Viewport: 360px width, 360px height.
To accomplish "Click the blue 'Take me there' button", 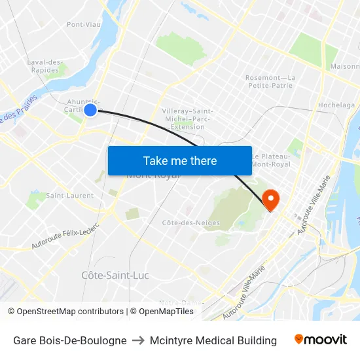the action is (180, 160).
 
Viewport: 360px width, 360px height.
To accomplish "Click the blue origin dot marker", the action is (90, 110).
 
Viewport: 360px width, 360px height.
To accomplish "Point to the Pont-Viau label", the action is (83, 25).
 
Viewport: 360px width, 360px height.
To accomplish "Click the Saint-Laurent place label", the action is (69, 195).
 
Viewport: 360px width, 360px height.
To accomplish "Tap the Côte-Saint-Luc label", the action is (115, 275).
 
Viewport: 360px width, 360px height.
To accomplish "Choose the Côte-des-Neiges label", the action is (190, 223).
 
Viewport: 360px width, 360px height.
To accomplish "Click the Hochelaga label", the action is (336, 105).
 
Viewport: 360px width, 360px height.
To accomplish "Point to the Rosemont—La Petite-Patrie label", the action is (270, 81).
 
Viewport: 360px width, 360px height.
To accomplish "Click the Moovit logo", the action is (321, 340).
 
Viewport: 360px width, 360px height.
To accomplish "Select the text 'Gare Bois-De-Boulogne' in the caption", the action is (70, 340).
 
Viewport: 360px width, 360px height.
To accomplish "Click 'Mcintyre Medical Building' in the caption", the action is (213, 340).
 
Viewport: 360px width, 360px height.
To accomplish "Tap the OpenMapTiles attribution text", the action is (162, 312).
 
